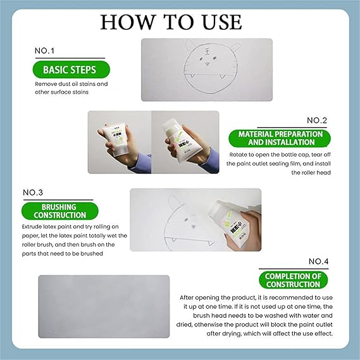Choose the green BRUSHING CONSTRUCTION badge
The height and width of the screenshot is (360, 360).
(61, 211)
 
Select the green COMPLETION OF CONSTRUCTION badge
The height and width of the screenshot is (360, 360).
(292, 280)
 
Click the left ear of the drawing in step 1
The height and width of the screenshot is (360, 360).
(181, 48)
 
